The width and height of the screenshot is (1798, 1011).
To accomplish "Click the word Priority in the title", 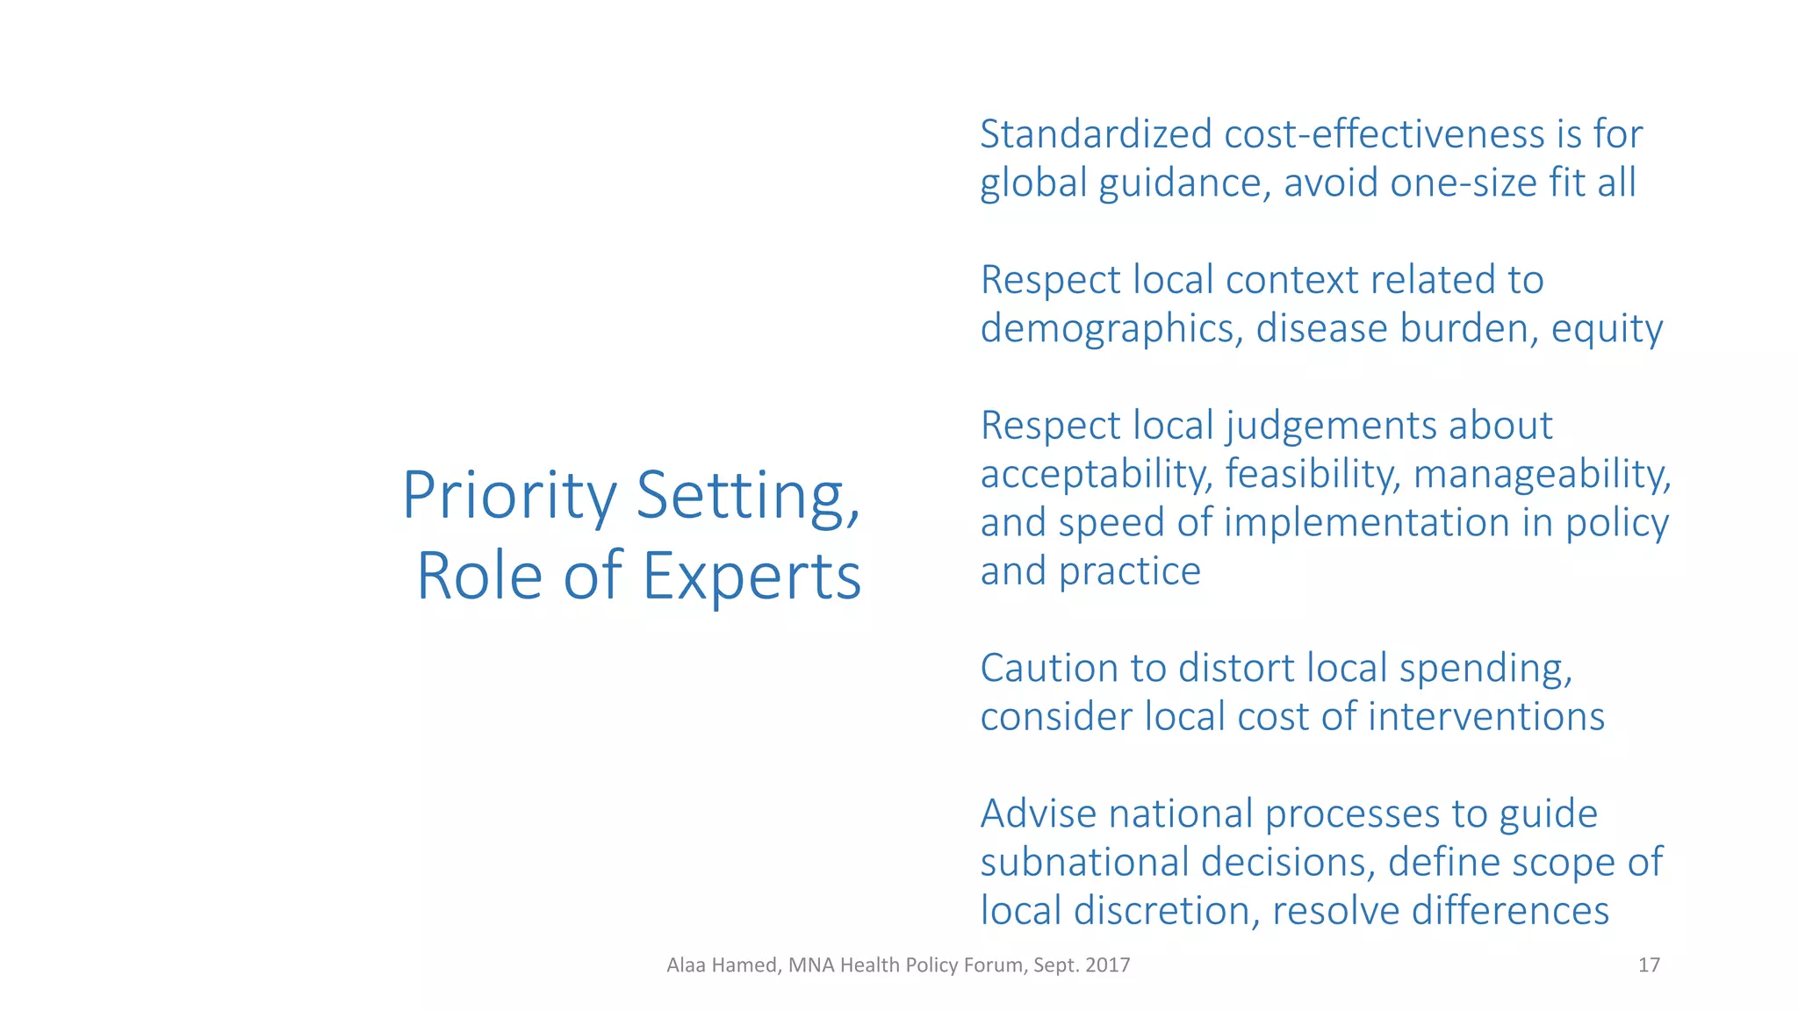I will (509, 497).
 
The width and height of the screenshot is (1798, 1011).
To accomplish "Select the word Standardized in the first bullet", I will (1095, 134).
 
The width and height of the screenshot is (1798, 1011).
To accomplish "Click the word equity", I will (1607, 329).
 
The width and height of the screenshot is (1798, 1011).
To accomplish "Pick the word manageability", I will (1542, 475).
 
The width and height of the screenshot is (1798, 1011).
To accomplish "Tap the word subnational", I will (1088, 863).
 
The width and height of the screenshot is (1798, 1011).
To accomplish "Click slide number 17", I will (1649, 965).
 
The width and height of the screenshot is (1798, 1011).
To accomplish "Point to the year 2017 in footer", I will (1107, 965).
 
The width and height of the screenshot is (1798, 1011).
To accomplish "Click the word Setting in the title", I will (747, 497).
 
